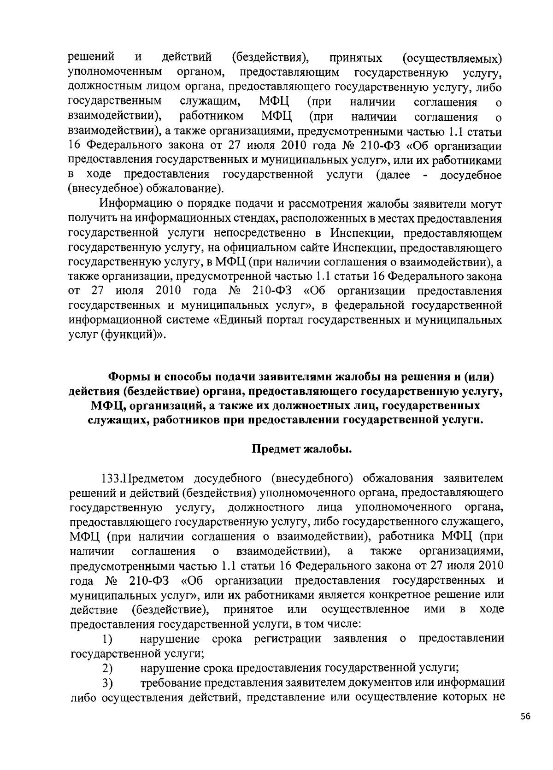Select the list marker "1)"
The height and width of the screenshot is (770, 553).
[x=108, y=639]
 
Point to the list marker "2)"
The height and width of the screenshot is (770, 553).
[x=108, y=668]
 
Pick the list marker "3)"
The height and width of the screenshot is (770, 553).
[x=108, y=682]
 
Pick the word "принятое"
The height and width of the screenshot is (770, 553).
[x=248, y=609]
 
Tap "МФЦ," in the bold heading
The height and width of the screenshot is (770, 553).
[x=106, y=406]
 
